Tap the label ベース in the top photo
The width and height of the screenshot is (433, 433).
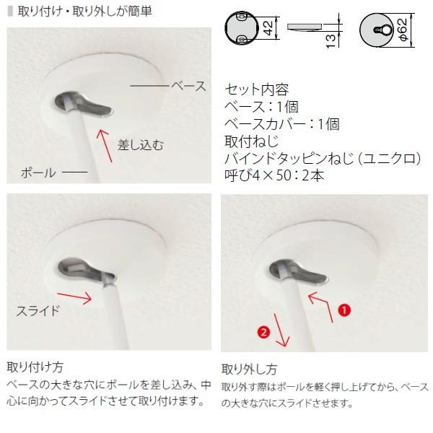[x=188, y=86]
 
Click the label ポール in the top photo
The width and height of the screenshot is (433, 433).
[x=38, y=174]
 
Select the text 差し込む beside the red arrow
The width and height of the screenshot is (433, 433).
[x=140, y=144]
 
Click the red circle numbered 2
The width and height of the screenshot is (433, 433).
[x=264, y=332]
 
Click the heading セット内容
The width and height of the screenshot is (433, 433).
[x=257, y=90]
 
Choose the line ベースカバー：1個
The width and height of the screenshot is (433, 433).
[x=282, y=123]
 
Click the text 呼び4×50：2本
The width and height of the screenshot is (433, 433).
[x=274, y=175]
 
